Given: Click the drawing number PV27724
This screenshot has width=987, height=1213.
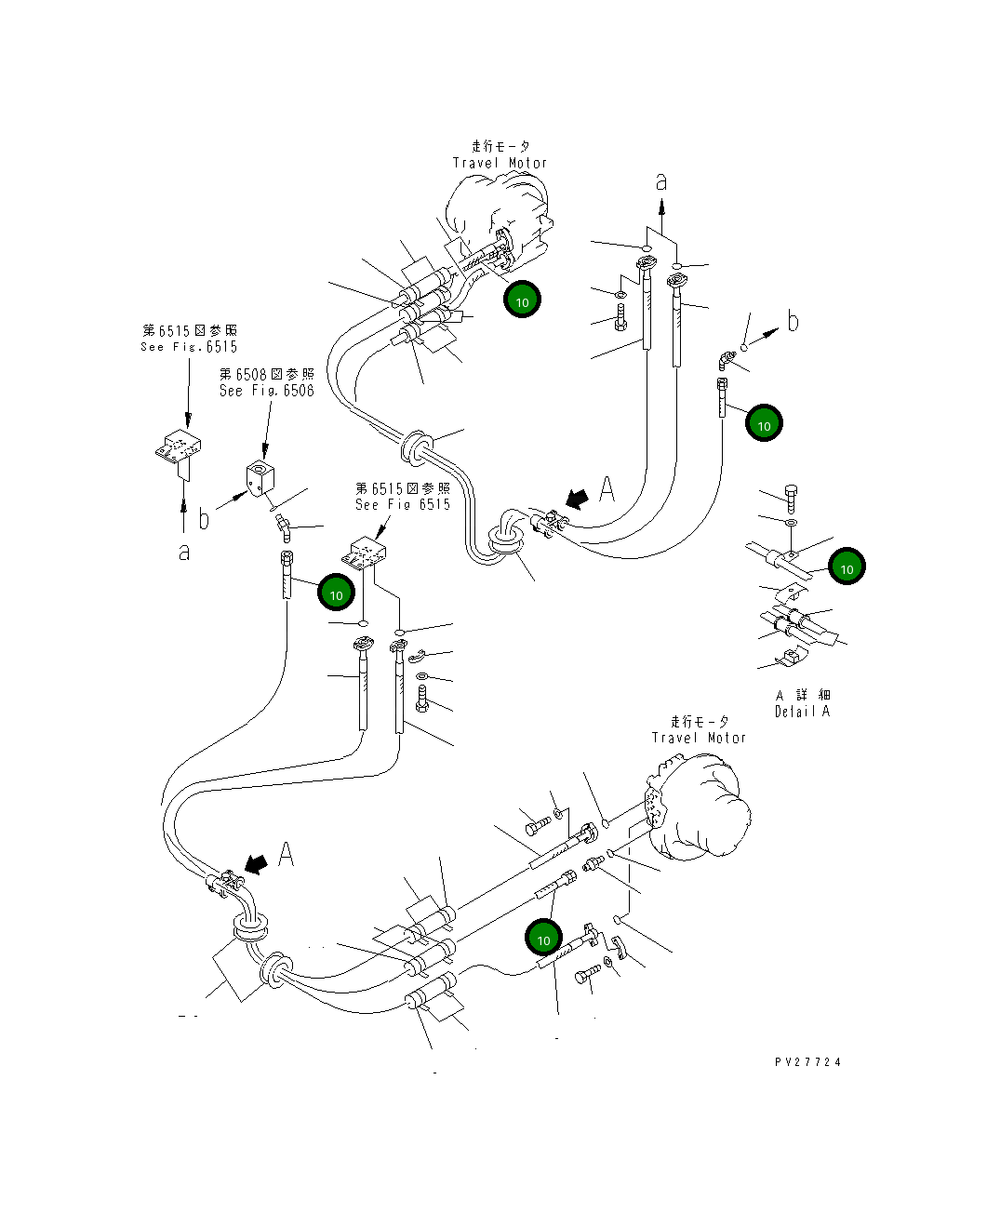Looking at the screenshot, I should [807, 1061].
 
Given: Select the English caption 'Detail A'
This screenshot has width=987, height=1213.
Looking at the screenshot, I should [802, 712].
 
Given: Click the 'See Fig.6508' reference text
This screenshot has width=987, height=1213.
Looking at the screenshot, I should [266, 391].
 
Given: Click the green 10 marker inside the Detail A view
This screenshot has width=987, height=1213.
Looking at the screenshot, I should [847, 567].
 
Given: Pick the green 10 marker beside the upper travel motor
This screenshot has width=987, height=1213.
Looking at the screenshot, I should [522, 300].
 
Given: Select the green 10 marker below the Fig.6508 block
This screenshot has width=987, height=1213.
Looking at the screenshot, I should [336, 593].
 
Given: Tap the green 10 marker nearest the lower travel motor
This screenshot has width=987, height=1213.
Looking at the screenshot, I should [543, 939].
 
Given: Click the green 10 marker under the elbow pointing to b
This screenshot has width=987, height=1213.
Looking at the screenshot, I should [764, 424].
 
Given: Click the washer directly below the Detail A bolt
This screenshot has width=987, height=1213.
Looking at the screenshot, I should [790, 524].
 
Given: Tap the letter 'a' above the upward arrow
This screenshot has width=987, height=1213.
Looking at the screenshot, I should [661, 182].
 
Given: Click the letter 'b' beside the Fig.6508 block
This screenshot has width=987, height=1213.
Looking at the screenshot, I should [204, 519].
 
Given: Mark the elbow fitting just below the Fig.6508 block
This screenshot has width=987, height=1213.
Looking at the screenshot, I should [283, 528].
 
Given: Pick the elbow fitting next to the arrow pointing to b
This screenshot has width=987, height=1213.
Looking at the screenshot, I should [724, 359].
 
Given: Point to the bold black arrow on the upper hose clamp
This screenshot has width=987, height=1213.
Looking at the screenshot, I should [577, 500].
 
